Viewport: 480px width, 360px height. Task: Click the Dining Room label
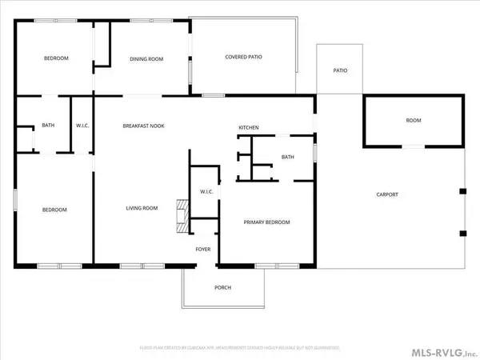tap(146, 58)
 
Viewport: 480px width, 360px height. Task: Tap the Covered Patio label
tap(244, 57)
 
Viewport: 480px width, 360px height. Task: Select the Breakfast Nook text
tap(143, 126)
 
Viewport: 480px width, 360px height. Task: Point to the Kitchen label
tap(249, 128)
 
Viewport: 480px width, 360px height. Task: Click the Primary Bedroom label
tap(266, 222)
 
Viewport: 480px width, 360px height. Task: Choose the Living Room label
tap(142, 209)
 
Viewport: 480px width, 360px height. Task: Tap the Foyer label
tap(204, 249)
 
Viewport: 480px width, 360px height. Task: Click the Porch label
tap(223, 288)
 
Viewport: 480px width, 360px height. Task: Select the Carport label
tap(387, 195)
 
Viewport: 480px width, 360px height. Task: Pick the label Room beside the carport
tap(413, 121)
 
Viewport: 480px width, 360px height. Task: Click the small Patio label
tap(340, 70)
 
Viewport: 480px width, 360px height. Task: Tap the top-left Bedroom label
tap(55, 58)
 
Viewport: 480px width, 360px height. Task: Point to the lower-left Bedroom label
tap(54, 210)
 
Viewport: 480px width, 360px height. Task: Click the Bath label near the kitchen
tap(287, 157)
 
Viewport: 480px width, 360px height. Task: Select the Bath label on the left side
tap(47, 126)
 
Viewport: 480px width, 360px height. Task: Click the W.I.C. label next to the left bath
tap(82, 126)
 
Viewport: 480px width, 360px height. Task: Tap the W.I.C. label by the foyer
tap(204, 192)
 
